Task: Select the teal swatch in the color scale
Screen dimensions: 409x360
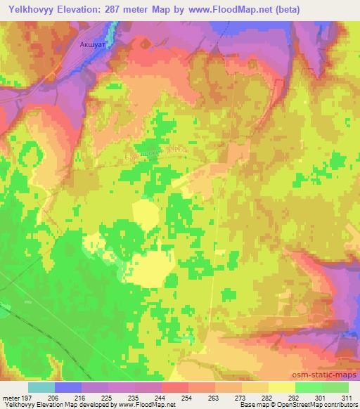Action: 41,387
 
